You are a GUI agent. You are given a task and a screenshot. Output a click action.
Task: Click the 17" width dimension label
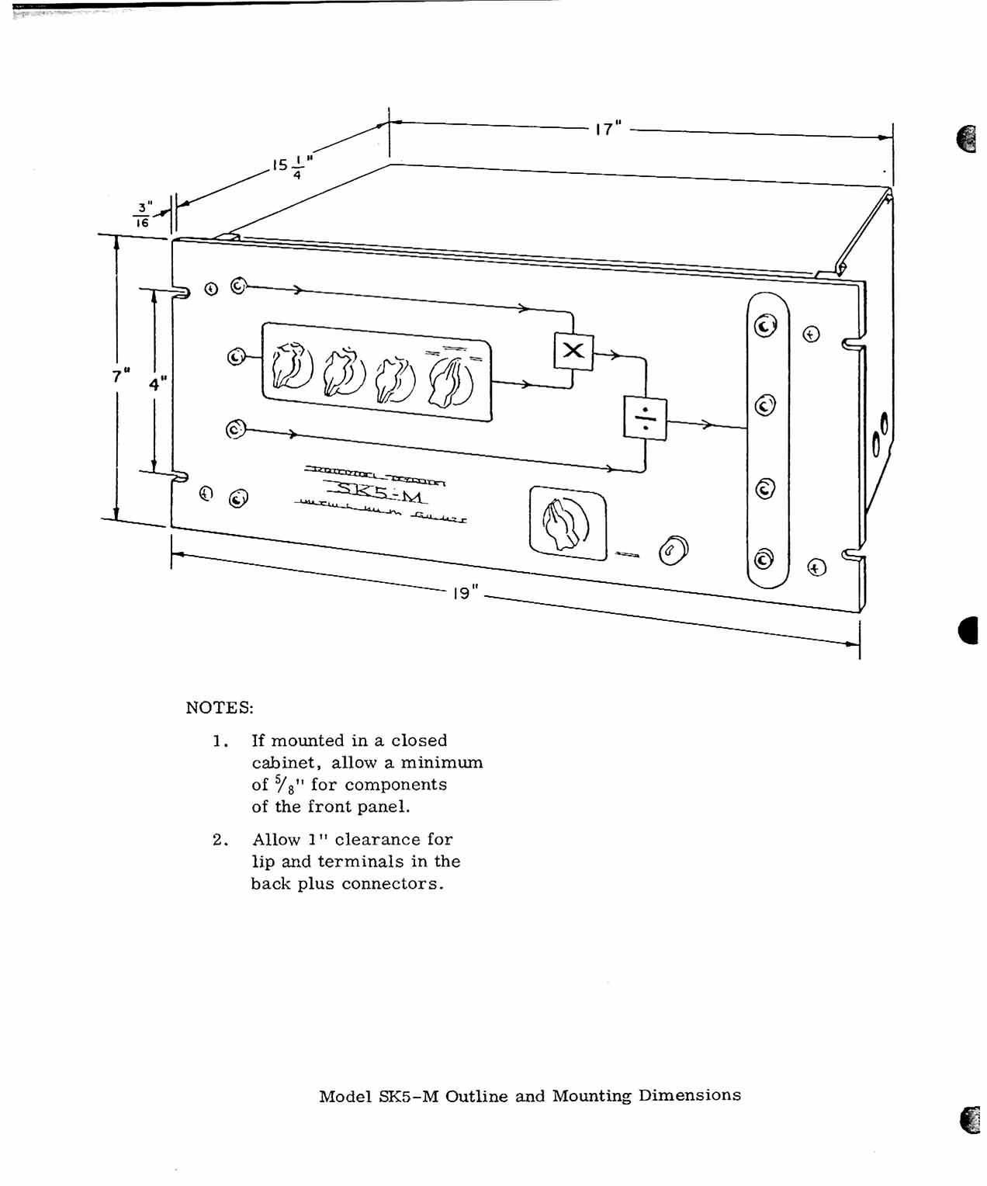pos(608,128)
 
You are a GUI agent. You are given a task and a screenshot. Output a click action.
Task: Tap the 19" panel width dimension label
pos(463,593)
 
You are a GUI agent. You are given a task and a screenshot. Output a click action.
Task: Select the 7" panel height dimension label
pos(120,376)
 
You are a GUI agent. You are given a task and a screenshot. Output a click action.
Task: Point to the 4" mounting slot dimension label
pos(158,383)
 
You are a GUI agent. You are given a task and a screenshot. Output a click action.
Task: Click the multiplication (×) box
pos(573,351)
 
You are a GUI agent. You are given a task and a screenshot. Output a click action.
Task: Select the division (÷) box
pos(645,418)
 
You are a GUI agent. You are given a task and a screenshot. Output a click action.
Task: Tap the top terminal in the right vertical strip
pos(766,327)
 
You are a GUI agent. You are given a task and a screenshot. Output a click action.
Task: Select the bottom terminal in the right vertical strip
pos(764,559)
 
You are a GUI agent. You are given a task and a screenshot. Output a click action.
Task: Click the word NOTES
pos(220,708)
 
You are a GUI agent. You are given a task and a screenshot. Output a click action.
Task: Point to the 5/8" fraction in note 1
pos(283,785)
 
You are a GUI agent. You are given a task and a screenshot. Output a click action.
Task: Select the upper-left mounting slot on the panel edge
pos(178,293)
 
